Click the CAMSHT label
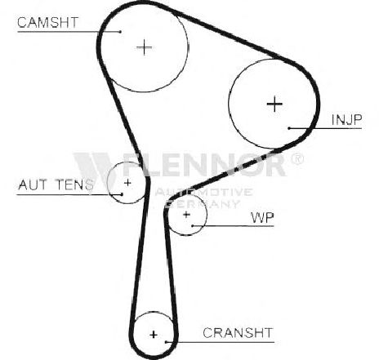48,22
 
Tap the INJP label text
346,120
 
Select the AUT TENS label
56,184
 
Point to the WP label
262,217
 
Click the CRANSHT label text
238,332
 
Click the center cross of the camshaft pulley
145,47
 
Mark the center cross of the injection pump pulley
274,104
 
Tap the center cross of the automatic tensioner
127,183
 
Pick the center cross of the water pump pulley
186,215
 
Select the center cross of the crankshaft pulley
154,335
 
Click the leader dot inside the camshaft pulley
120,32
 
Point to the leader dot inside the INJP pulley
289,128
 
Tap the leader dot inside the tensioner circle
122,194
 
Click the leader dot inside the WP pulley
192,226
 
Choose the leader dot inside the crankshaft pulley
167,342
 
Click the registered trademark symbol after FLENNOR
297,159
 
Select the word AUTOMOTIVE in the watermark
203,192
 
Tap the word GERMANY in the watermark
203,204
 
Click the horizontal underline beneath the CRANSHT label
221,342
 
